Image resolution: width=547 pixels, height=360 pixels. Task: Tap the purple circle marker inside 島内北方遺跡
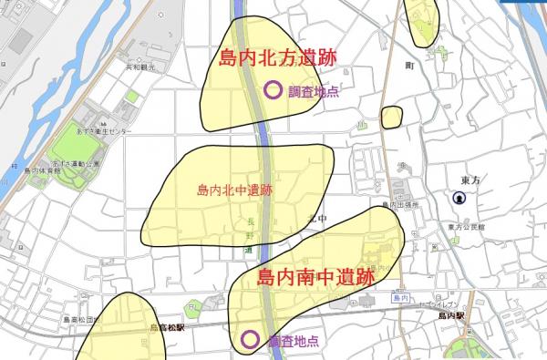pyautogui.click(x=272, y=90)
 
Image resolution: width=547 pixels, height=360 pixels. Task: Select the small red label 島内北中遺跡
pyautogui.click(x=234, y=191)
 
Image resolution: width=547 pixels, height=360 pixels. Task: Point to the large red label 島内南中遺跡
pyautogui.click(x=315, y=276)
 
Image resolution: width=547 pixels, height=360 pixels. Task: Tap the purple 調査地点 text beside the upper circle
pyautogui.click(x=314, y=91)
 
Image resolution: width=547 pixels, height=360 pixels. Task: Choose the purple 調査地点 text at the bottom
pyautogui.click(x=294, y=341)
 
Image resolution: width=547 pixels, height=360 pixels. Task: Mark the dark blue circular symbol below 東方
pyautogui.click(x=458, y=199)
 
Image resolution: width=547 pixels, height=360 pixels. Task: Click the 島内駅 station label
pyautogui.click(x=450, y=314)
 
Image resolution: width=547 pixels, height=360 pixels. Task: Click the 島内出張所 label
pyautogui.click(x=400, y=206)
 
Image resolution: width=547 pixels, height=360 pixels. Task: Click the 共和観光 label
pyautogui.click(x=141, y=68)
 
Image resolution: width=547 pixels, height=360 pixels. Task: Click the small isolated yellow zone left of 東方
pyautogui.click(x=392, y=117)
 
